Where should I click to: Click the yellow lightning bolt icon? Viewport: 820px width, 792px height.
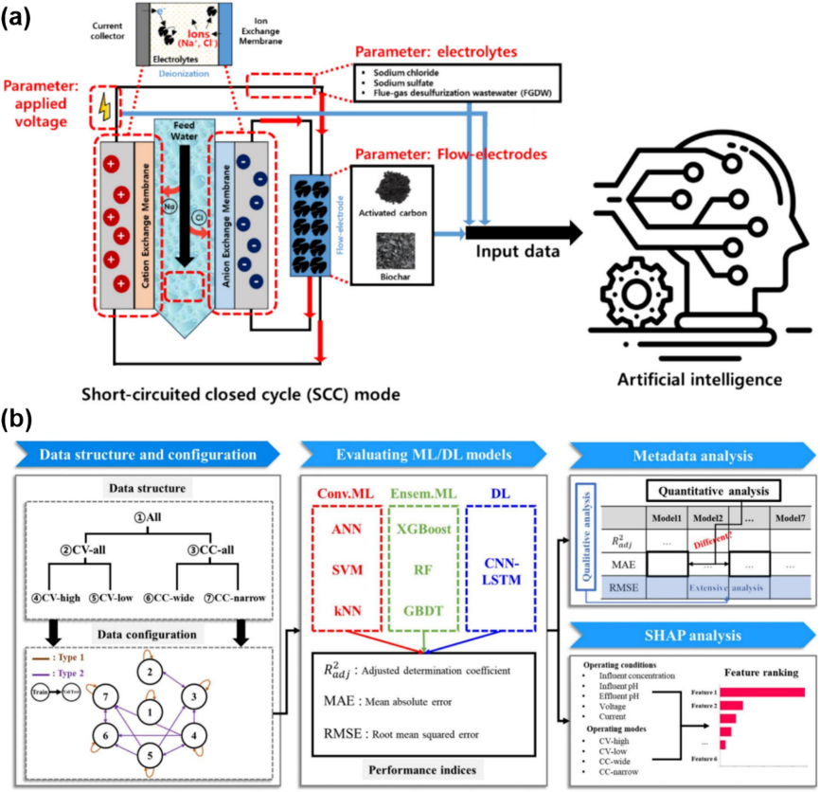coord(103,108)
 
